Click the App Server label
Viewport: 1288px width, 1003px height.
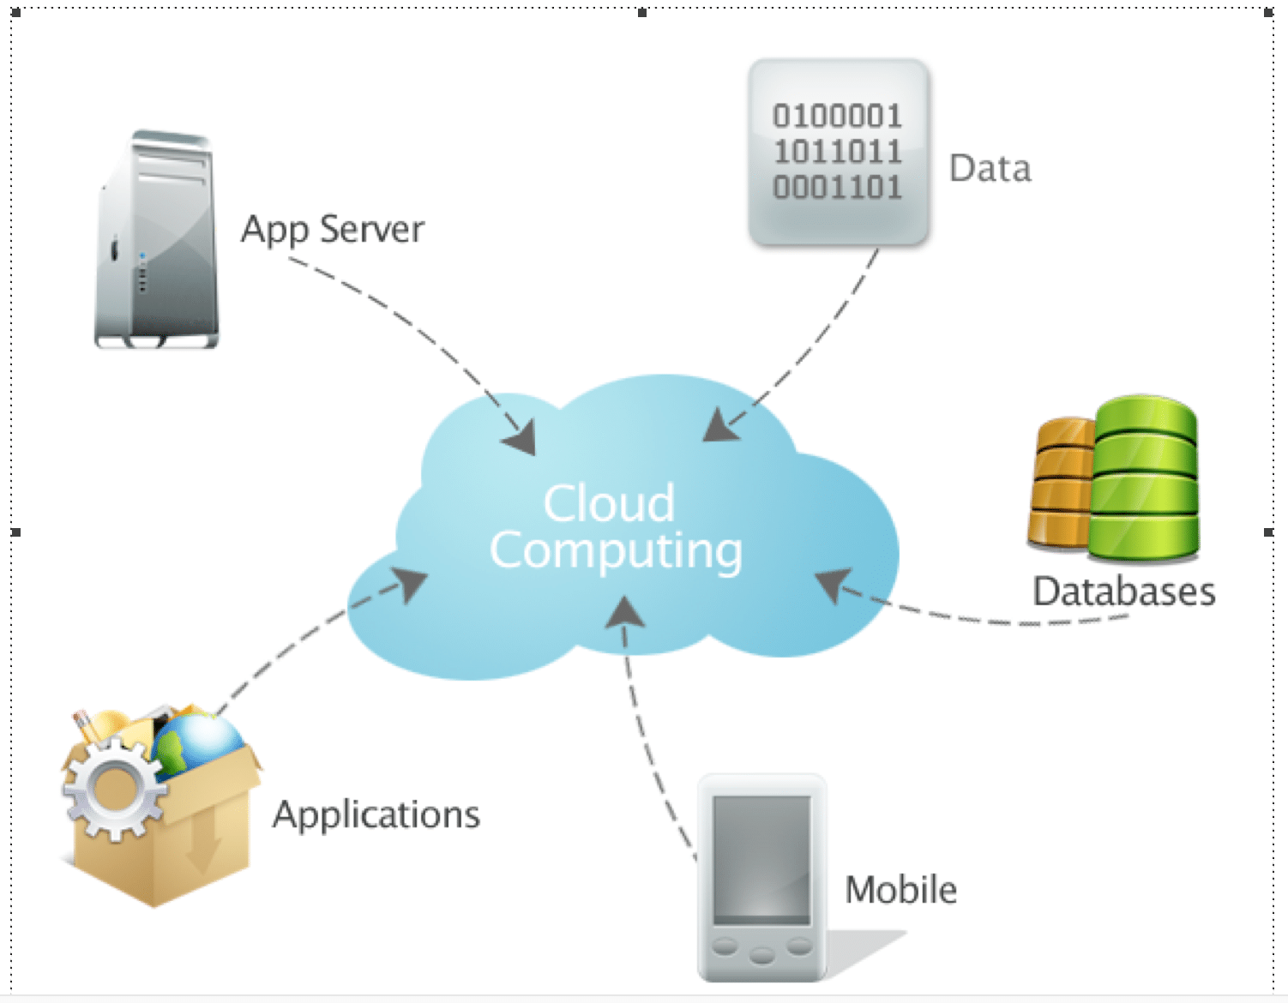333,230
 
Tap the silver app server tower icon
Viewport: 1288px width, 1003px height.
158,240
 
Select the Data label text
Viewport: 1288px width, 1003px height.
990,168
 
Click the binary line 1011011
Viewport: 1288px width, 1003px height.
838,152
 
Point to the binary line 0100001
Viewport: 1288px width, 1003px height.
838,116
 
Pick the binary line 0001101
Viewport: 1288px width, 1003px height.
838,187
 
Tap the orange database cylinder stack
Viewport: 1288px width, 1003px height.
1062,484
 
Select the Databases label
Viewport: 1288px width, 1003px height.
1123,592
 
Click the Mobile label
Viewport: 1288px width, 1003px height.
900,890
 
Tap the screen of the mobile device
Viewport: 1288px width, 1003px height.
761,857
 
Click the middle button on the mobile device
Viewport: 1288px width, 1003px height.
761,954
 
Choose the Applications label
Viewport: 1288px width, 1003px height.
376,814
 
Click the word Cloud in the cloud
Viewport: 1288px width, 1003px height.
609,503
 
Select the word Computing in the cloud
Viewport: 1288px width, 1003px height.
616,551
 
